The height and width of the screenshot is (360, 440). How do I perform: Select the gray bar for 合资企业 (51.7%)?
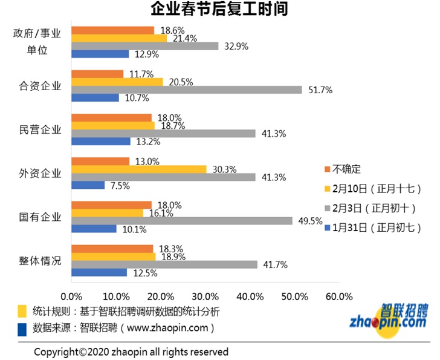click(187, 90)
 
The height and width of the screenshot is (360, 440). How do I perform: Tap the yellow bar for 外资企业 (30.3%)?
click(139, 169)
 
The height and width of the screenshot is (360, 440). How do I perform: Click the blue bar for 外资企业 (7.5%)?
click(88, 185)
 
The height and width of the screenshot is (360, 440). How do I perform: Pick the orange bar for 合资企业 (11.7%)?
click(97, 74)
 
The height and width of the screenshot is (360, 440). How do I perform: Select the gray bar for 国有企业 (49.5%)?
click(182, 221)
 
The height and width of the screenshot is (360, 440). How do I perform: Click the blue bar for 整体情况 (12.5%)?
click(99, 272)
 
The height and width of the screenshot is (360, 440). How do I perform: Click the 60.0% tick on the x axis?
click(338, 296)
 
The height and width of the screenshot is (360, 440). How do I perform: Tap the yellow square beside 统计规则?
click(22, 311)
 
